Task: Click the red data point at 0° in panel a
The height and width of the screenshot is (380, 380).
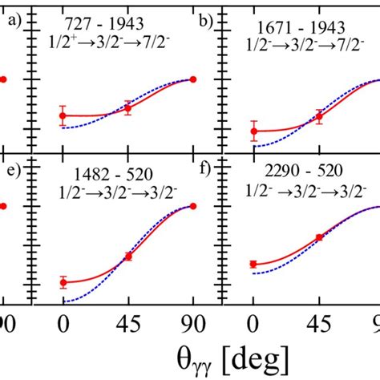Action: click(x=63, y=116)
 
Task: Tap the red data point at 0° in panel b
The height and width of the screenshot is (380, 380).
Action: click(x=253, y=131)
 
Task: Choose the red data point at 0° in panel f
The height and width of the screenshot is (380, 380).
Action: click(x=253, y=264)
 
